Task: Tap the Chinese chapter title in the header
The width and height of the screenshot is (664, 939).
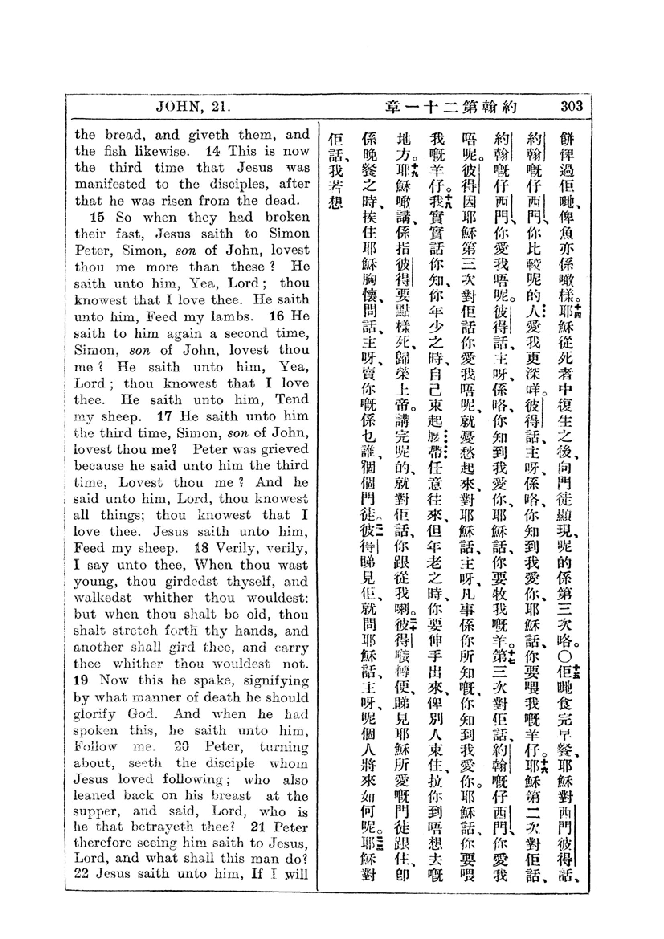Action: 451,107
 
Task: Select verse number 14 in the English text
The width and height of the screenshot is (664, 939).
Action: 213,151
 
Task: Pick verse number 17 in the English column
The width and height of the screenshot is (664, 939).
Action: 164,416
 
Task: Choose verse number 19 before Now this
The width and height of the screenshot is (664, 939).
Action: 81,680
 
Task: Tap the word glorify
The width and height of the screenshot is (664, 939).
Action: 94,714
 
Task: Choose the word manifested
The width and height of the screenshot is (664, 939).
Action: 110,184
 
